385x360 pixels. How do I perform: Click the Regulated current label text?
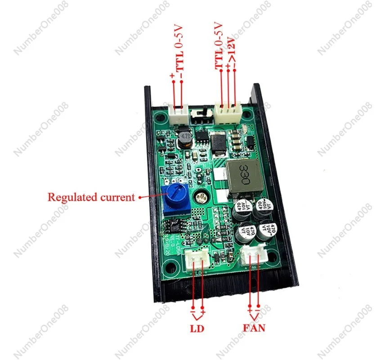click(x=91, y=197)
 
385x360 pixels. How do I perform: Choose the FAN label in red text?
click(x=254, y=328)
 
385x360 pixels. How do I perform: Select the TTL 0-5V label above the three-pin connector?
click(x=219, y=45)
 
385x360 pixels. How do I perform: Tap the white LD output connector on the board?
click(x=197, y=260)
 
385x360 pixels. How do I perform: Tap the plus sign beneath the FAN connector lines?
click(x=250, y=310)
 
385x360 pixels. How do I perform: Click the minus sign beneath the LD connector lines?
click(x=192, y=311)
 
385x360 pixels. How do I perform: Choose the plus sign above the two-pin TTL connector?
click(x=173, y=76)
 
